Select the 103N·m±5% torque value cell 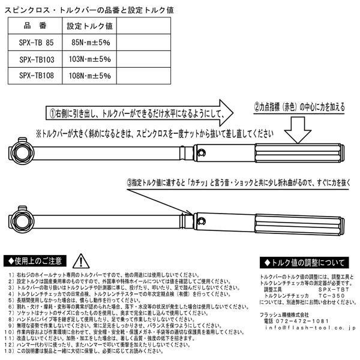click(90, 59)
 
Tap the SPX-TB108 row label click(38, 76)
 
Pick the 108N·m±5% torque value click(90, 76)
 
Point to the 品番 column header click(38, 26)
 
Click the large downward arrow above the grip click(298, 128)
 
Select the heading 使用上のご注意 click(37, 261)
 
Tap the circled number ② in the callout click(256, 107)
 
